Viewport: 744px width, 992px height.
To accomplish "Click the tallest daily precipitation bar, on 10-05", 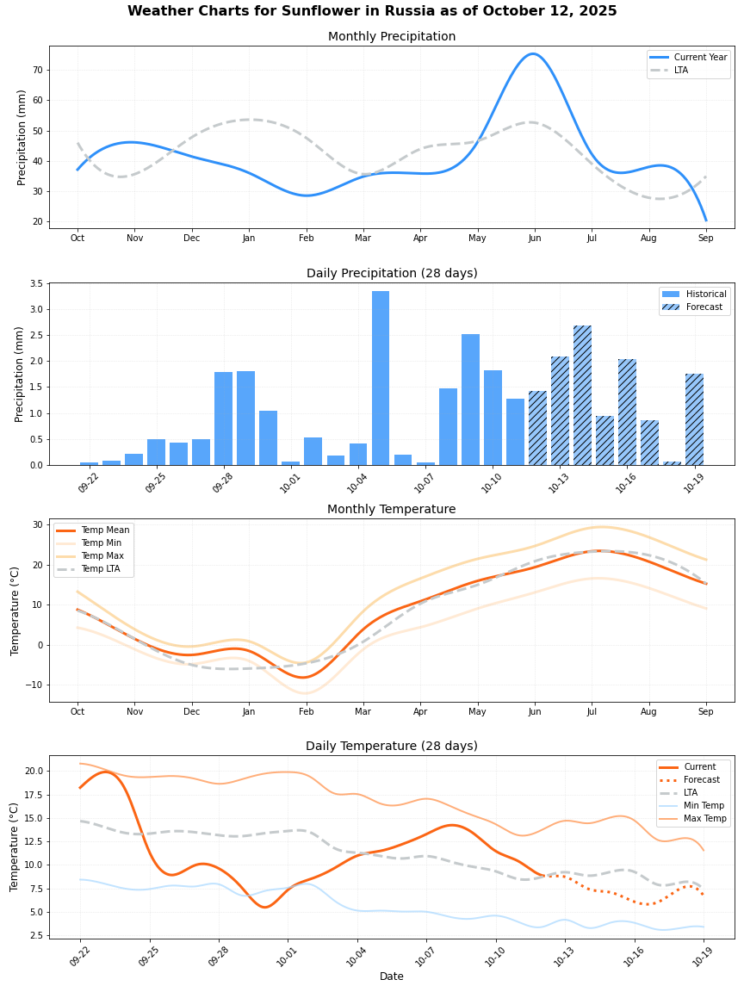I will pos(381,379).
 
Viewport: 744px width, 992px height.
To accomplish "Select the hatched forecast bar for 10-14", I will pos(582,396).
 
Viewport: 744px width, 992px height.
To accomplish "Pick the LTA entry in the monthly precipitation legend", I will pos(681,71).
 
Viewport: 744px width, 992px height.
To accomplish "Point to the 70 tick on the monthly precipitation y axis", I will pos(38,70).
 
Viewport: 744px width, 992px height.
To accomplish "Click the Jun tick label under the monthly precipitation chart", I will pos(534,239).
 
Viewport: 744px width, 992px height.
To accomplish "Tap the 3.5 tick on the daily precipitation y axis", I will pos(36,283).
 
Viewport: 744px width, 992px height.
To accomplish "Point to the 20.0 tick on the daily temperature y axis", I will pos(33,771).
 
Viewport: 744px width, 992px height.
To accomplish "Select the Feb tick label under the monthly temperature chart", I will pos(306,712).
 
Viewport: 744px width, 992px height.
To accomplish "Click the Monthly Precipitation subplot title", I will pos(392,36).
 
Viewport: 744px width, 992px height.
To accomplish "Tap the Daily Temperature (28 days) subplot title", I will pos(392,746).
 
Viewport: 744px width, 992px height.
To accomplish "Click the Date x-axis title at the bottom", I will pos(392,976).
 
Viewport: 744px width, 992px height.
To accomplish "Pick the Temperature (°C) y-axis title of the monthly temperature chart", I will pos(15,611).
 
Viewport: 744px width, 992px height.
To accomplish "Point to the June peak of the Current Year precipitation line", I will pos(533,54).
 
